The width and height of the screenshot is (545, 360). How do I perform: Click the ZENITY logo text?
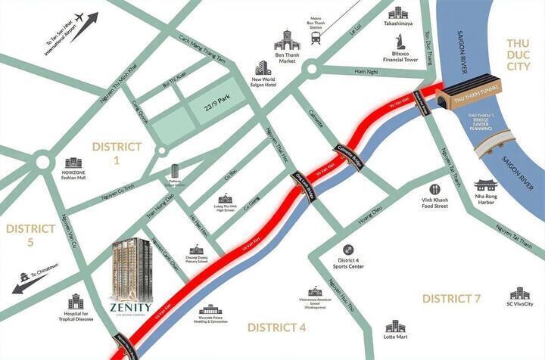(130, 306)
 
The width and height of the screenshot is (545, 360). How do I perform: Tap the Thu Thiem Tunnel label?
(474, 98)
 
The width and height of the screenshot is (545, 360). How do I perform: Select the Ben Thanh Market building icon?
(287, 40)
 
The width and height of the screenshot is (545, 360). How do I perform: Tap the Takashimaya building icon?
(398, 13)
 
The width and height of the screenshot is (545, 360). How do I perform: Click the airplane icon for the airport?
(93, 18)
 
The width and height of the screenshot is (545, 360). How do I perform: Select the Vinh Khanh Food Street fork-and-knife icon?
(434, 190)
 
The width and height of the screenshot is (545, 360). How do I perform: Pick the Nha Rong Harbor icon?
(485, 186)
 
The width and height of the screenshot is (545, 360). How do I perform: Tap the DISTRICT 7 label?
(451, 299)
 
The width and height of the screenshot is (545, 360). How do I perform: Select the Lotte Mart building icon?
(395, 327)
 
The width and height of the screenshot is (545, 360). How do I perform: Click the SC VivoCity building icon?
(519, 293)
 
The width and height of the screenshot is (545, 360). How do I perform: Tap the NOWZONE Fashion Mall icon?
(73, 163)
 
